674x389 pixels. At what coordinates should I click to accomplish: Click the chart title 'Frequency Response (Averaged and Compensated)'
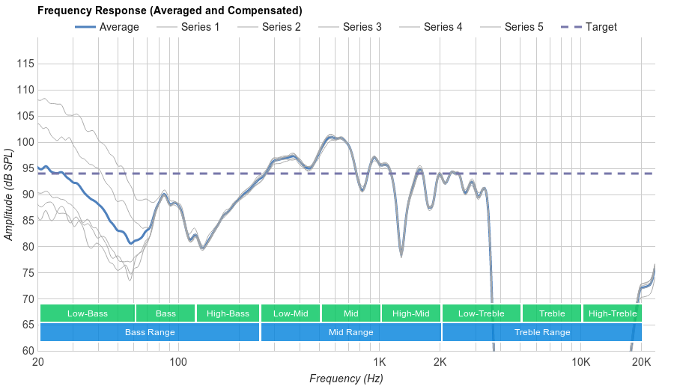pyautogui.click(x=169, y=10)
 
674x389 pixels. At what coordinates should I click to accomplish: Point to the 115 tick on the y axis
pyautogui.click(x=25, y=64)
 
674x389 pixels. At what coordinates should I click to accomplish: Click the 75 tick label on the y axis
pyautogui.click(x=25, y=272)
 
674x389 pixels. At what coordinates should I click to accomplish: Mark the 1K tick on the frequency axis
pyautogui.click(x=379, y=363)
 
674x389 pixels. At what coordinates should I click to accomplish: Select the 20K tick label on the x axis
pyautogui.click(x=642, y=363)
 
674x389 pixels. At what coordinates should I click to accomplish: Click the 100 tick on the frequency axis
pyautogui.click(x=178, y=363)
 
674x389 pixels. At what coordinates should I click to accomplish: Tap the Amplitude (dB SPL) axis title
pyautogui.click(x=9, y=194)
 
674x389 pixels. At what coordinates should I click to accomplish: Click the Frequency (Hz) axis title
pyautogui.click(x=346, y=379)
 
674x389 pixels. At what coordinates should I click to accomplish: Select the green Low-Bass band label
pyautogui.click(x=87, y=313)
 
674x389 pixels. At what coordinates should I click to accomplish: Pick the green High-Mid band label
pyautogui.click(x=410, y=313)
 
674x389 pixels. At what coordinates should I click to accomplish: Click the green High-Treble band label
pyautogui.click(x=612, y=313)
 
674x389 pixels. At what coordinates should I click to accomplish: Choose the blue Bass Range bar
pyautogui.click(x=149, y=332)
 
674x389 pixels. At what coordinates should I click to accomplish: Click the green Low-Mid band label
pyautogui.click(x=291, y=313)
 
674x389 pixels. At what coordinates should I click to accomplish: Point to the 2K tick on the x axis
pyautogui.click(x=440, y=363)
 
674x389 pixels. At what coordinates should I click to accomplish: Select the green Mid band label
pyautogui.click(x=350, y=313)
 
